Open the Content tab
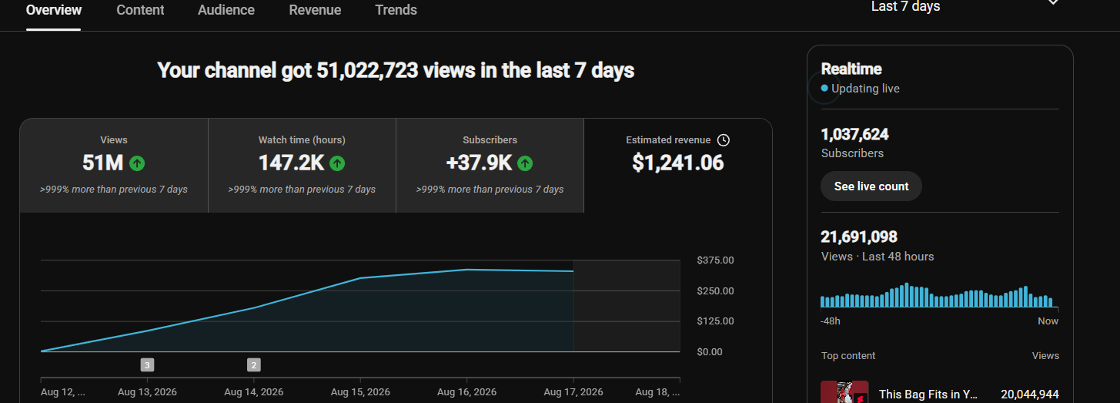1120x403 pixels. coord(140,10)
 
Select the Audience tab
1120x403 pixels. coord(226,10)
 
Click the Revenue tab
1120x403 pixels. coord(315,10)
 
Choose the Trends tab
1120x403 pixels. coord(396,10)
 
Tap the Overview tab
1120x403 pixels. coord(54,10)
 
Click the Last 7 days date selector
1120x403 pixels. coord(905,6)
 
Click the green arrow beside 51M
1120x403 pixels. coord(137,163)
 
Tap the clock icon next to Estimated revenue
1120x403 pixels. coord(724,140)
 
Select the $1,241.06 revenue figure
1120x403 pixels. coord(677,163)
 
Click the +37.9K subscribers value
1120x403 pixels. coord(479,163)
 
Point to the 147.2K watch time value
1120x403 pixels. coord(292,163)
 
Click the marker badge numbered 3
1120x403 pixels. coord(147,365)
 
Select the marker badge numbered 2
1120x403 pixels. coord(254,365)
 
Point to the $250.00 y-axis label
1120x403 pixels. coord(716,290)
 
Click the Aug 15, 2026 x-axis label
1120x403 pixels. coord(360,392)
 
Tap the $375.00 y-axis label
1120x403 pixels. coord(716,260)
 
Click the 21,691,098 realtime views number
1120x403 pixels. coord(859,237)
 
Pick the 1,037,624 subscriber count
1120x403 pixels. coord(855,134)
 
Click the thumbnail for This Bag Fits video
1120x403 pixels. coord(844,392)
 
